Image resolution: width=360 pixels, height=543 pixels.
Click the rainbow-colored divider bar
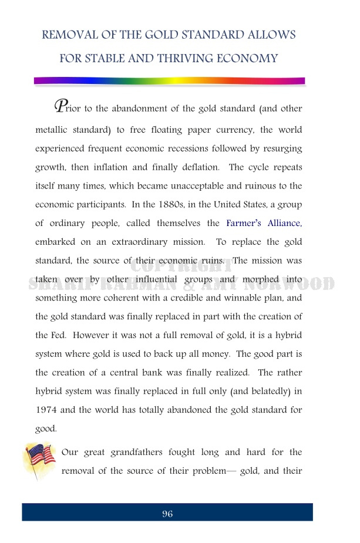coord(169,81)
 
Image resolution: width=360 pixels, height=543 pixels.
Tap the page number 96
coord(167,514)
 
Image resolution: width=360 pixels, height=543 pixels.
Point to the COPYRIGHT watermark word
coord(180,267)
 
